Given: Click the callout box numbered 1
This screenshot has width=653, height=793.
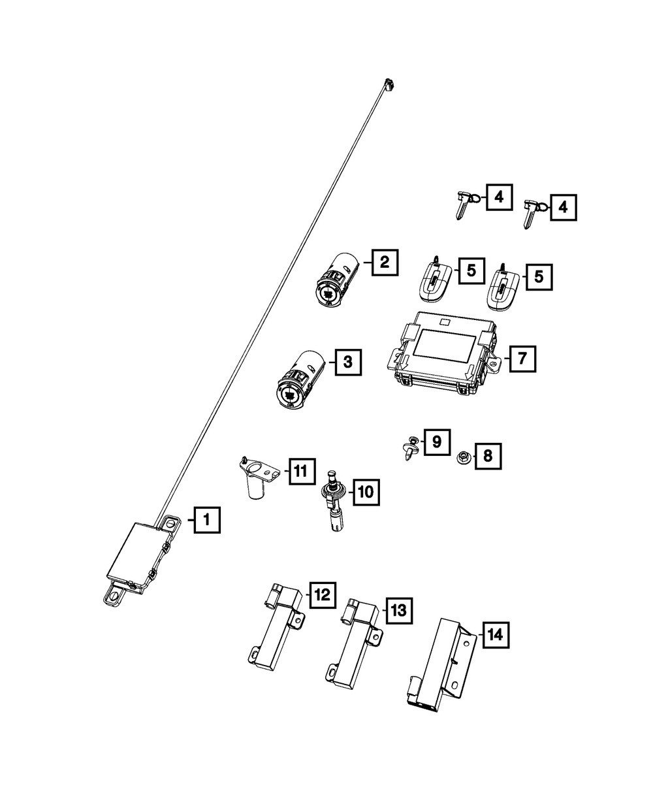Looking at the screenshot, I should click(x=206, y=520).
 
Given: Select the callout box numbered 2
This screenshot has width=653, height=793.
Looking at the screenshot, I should click(x=384, y=263).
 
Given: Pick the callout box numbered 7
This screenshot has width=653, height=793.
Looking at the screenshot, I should click(x=522, y=358).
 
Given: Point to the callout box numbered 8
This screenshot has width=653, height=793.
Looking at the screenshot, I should click(x=488, y=456).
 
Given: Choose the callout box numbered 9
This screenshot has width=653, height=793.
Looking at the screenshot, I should click(x=436, y=442).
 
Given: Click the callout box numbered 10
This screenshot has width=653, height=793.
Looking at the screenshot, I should click(x=365, y=491).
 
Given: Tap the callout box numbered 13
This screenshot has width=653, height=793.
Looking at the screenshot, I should click(x=398, y=610).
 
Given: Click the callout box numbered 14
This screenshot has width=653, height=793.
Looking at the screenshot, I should click(x=495, y=634).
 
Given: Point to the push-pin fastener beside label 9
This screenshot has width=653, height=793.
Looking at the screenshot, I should click(x=410, y=448).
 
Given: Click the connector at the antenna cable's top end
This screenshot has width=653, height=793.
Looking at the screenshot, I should click(x=389, y=84).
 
